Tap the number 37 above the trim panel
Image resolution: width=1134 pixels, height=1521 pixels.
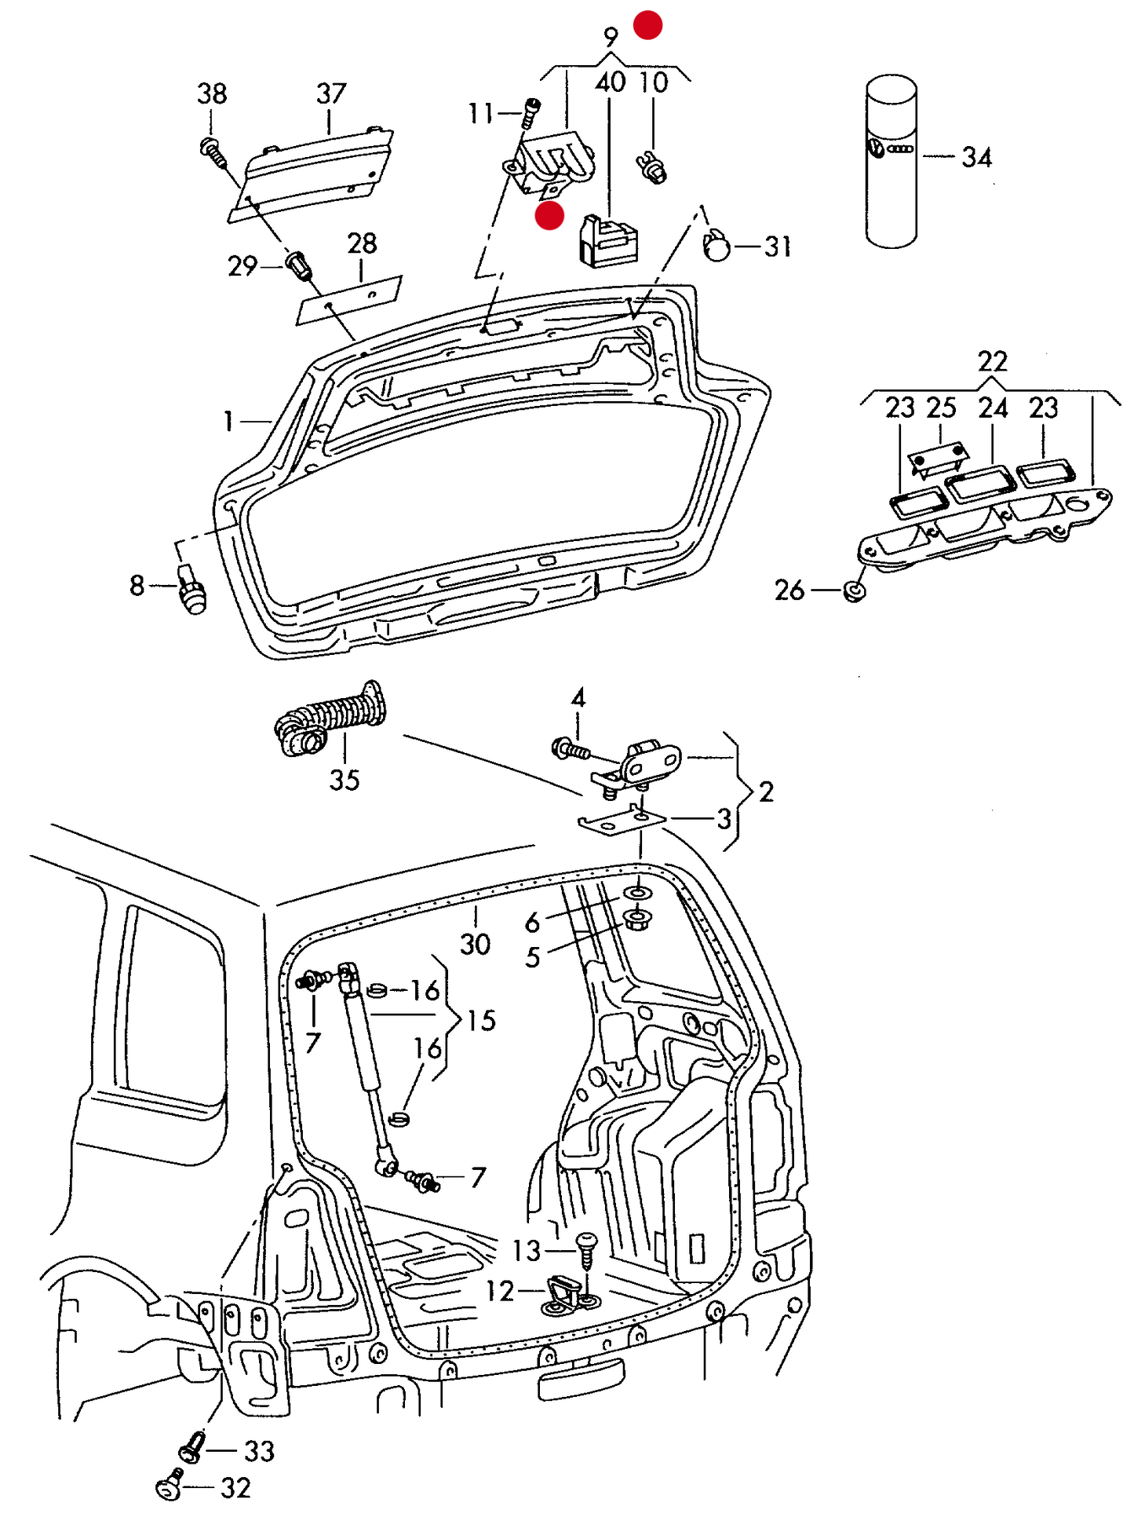pos(330,93)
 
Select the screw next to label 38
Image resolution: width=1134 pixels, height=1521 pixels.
pos(213,151)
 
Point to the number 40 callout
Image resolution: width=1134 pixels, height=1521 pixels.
pos(610,82)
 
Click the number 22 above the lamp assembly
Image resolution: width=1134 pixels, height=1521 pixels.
pos(992,361)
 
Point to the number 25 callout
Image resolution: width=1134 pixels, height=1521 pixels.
pos(941,408)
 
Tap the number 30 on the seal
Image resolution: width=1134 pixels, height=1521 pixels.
pos(475,943)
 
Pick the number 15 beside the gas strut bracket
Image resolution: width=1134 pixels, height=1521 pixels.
pos(481,1020)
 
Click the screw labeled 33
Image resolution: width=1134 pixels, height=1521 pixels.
pos(191,1447)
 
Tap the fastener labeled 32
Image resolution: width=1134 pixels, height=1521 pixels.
pos(169,1486)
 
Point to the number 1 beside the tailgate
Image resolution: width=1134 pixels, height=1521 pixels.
pos(228,422)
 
